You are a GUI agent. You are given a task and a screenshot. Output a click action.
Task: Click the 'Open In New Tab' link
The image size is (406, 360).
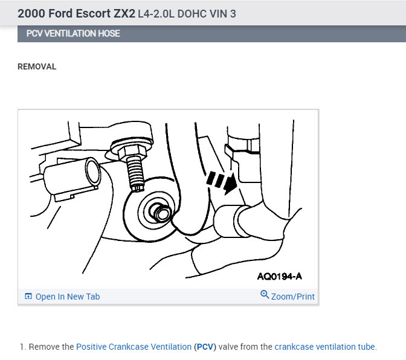click(68, 297)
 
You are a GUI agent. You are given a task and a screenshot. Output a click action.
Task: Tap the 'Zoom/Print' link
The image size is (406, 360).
click(293, 297)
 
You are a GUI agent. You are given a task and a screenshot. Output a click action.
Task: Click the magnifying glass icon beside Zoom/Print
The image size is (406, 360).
click(265, 294)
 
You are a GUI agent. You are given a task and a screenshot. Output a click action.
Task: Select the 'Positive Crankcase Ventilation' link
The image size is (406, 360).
click(134, 347)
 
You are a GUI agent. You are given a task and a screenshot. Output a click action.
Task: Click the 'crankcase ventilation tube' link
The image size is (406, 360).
click(324, 347)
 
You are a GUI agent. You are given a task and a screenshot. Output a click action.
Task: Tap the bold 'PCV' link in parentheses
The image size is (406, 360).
click(205, 347)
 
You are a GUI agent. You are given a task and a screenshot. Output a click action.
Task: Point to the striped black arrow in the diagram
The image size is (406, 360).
click(222, 182)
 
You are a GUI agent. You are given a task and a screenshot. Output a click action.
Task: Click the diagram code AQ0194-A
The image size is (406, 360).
click(280, 277)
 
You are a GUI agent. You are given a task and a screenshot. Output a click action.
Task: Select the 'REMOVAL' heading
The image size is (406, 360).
click(37, 67)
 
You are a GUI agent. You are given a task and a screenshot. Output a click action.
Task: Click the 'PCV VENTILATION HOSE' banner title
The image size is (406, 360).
click(73, 34)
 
